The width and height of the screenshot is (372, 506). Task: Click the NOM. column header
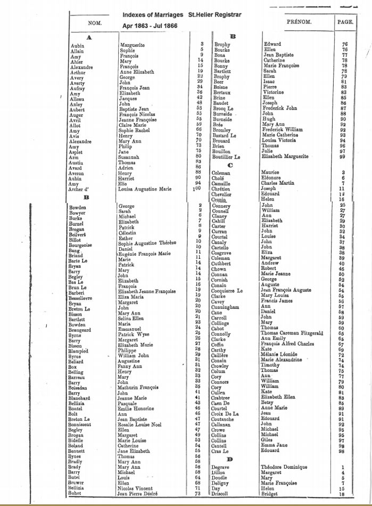(x=95, y=23)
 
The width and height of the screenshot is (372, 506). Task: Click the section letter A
(x=89, y=37)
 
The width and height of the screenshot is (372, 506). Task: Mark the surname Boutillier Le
(x=227, y=157)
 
